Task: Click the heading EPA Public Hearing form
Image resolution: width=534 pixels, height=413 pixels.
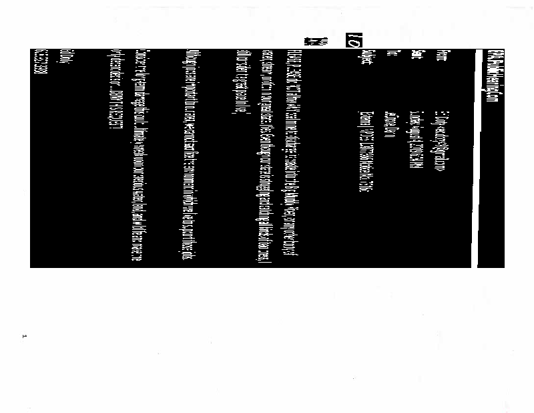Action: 490,93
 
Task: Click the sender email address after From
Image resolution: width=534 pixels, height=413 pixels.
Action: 440,141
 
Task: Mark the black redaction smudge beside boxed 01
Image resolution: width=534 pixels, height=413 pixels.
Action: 313,41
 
